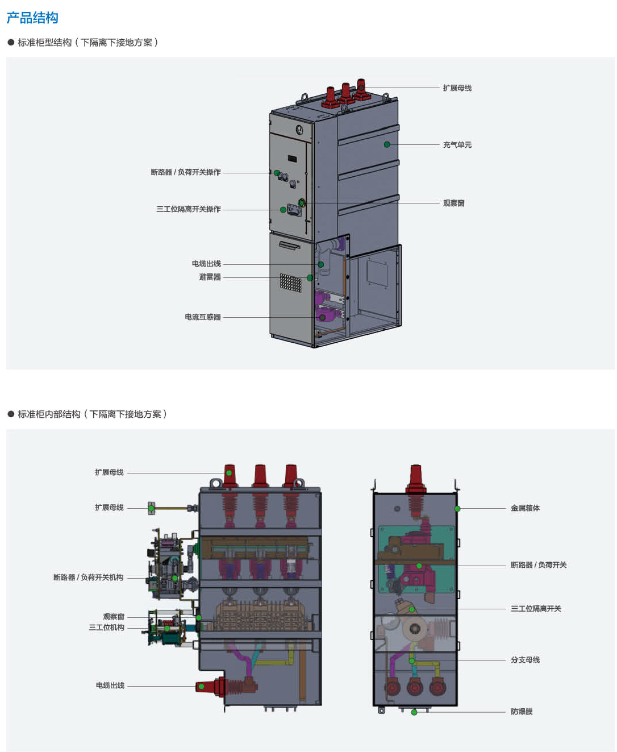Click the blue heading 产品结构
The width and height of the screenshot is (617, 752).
click(32, 18)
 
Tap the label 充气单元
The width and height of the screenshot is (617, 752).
click(457, 145)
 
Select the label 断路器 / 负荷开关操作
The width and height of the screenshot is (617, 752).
click(185, 172)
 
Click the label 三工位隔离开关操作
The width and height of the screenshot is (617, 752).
click(188, 209)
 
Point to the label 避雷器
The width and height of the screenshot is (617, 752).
click(210, 277)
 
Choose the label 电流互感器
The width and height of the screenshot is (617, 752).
click(202, 317)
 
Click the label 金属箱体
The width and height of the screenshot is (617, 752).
click(525, 508)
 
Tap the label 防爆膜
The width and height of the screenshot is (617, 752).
click(522, 712)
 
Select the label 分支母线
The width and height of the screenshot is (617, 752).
click(525, 660)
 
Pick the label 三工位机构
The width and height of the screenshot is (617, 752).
click(106, 628)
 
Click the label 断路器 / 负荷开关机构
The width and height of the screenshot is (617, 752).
click(88, 577)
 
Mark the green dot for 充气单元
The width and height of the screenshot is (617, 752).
click(387, 144)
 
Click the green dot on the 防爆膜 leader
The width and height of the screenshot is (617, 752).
click(414, 712)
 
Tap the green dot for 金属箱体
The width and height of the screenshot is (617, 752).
click(457, 509)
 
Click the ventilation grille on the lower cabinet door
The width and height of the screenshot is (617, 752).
click(290, 282)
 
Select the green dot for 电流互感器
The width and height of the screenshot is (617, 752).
click(322, 317)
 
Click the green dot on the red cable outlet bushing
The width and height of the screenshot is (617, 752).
click(201, 687)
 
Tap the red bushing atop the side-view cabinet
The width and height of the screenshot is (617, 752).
click(416, 479)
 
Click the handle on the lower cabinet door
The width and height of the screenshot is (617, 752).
click(289, 245)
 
